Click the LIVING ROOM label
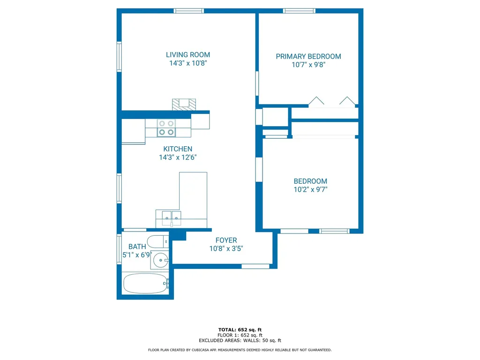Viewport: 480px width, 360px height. pos(188,55)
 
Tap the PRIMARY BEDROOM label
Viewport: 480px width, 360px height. pos(308,56)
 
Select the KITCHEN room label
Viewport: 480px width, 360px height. pos(178,149)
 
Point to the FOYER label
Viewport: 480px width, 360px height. pos(226,240)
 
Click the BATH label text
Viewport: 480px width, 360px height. pos(137,247)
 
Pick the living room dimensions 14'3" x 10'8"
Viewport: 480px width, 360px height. pos(188,63)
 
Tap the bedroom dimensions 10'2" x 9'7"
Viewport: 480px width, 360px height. pos(310,189)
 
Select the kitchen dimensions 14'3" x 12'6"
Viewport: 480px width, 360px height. pos(178,157)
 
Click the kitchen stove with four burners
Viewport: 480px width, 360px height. pos(166,127)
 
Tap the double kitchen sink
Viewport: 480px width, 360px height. pos(172,218)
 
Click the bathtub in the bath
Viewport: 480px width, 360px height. pos(145,284)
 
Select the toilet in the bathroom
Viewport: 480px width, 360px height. pos(157,241)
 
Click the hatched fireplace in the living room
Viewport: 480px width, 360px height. pos(184,105)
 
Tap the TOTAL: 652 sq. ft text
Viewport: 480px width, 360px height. pos(240,330)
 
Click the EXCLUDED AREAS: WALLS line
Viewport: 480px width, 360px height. pos(240,340)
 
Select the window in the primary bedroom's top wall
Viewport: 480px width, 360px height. pos(299,11)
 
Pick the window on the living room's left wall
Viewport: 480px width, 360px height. pos(119,57)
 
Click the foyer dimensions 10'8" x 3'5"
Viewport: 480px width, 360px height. pos(226,248)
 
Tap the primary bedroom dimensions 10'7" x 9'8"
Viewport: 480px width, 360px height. pos(308,65)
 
